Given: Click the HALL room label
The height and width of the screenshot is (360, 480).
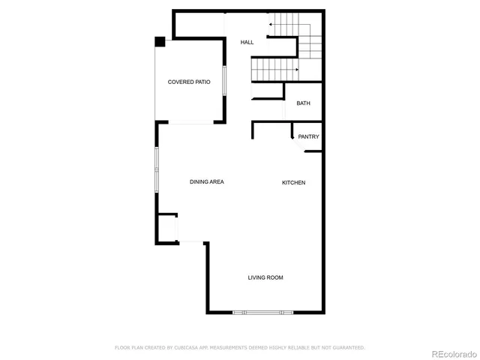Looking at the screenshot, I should pos(247,43).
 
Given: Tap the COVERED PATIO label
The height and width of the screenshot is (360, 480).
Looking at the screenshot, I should pos(188,82).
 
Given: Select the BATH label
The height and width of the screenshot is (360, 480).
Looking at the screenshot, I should pos(303,103).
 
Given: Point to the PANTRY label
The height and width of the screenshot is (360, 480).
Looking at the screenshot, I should pos(308,136).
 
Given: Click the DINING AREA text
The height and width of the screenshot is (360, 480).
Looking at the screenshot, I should pos(207,181).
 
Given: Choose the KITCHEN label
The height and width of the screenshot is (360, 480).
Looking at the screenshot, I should pos(293,183).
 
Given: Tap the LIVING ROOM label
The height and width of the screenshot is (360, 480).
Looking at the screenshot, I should pos(265,278).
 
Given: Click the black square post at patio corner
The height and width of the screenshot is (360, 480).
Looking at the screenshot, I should pos(160,41).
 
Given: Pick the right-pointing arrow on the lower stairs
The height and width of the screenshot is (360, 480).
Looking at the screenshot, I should pos(298,70).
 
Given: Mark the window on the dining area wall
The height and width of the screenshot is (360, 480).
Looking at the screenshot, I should pos(157,169).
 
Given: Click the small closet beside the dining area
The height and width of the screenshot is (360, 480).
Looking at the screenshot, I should pos(166,226).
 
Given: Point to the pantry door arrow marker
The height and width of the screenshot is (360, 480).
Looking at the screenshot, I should pos(292,136).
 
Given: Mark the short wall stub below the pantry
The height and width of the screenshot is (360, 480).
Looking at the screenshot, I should pos(313,152).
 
